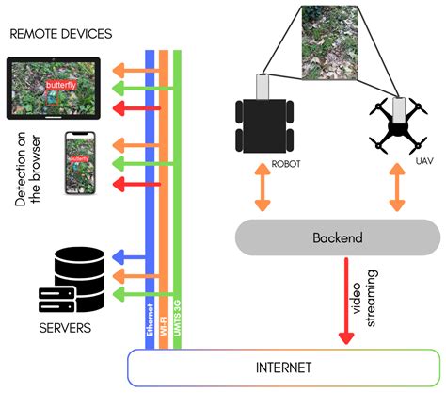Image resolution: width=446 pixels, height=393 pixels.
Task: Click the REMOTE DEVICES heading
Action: click(61, 34)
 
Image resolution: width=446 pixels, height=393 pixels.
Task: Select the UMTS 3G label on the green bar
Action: click(177, 321)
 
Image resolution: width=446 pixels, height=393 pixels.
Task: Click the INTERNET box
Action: click(283, 367)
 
